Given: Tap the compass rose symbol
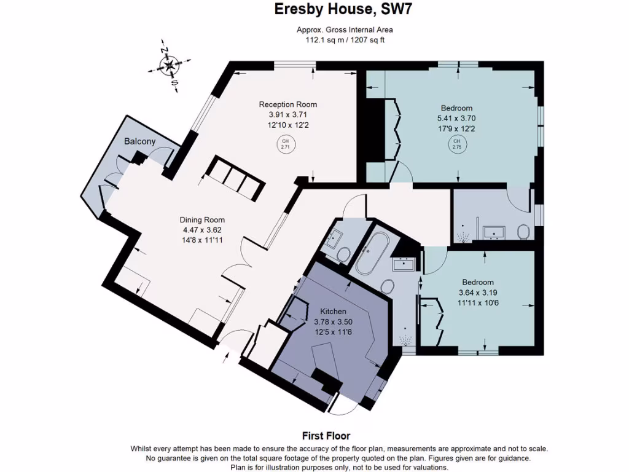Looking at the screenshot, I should click(x=169, y=65).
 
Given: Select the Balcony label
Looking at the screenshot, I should click(x=140, y=141).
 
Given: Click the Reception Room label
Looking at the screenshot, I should click(x=287, y=104).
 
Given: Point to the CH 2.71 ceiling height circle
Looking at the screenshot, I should click(x=285, y=145).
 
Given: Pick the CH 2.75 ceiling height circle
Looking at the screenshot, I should click(x=456, y=145).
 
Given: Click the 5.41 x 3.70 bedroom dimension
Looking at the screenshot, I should click(x=456, y=118).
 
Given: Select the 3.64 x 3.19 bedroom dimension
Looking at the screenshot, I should click(x=478, y=293).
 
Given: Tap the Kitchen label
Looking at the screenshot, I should click(x=333, y=312).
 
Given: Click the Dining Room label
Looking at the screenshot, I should click(x=202, y=219).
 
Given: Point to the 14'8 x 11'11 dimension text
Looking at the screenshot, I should click(x=202, y=240).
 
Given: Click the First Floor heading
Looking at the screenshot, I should click(x=326, y=436).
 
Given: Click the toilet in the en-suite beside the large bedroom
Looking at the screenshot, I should click(x=524, y=232).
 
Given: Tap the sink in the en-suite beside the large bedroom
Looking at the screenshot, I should click(x=494, y=232).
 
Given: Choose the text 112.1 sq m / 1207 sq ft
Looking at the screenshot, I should click(x=345, y=40).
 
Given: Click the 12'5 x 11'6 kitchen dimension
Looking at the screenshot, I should click(x=333, y=332).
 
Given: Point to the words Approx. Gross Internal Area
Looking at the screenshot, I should click(x=345, y=29).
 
